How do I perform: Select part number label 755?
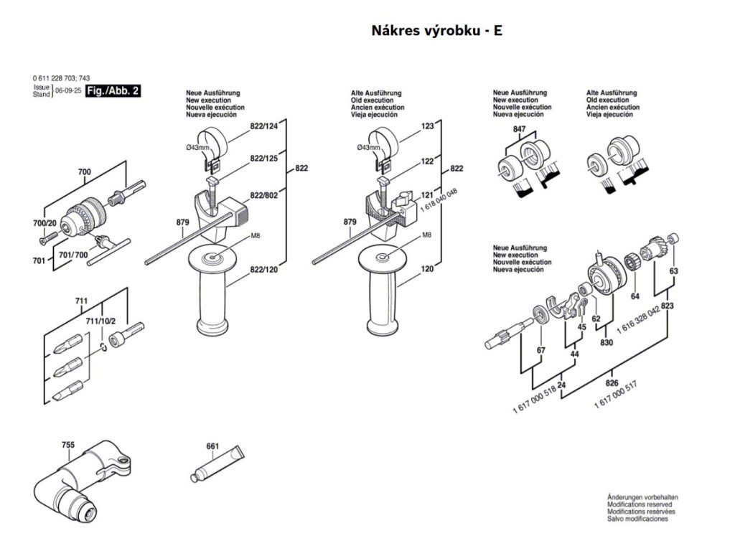click(67, 446)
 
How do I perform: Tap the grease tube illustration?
click(217, 466)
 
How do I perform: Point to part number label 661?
click(212, 446)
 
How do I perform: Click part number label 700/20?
click(44, 225)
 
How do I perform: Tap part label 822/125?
click(263, 157)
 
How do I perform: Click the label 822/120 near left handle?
click(263, 269)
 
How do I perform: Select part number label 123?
click(428, 126)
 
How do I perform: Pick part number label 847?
click(520, 128)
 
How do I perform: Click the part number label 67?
click(540, 349)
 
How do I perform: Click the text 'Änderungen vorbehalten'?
click(642, 496)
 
